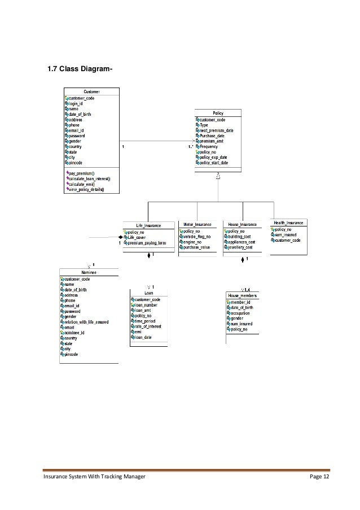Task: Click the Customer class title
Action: [92, 91]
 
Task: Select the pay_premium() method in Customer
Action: [82, 172]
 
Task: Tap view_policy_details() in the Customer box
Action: [86, 189]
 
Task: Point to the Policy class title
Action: [218, 114]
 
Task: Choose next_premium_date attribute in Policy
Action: [216, 130]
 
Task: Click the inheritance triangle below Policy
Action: [218, 177]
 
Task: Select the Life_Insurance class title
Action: [148, 225]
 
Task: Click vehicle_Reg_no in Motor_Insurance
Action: [196, 237]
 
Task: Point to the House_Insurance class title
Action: [243, 225]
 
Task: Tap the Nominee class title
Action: [89, 272]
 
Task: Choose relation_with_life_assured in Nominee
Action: [86, 322]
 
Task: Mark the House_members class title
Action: [243, 295]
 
